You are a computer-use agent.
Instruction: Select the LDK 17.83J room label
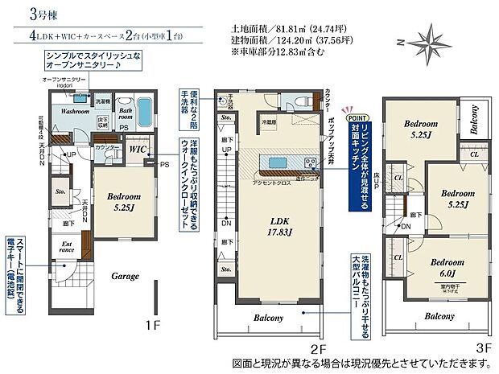(278, 228)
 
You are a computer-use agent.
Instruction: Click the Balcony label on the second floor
(270, 318)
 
